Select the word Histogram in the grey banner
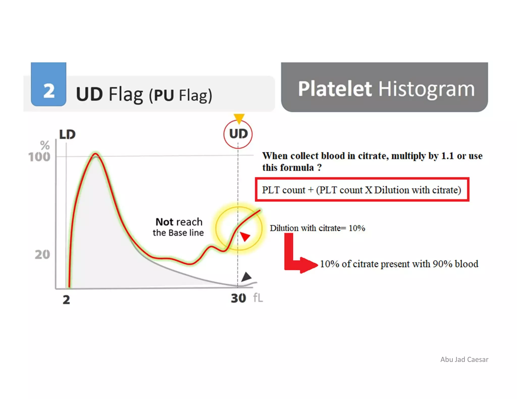pos(426,89)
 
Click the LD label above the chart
pos(67,134)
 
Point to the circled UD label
pos(238,134)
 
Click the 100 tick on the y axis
pos(39,157)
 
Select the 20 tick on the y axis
pos(42,254)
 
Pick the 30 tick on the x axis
pos(238,298)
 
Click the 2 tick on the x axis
pos(66,300)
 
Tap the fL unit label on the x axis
pos(258,298)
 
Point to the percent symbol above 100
pos(45,145)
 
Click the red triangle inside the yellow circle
pos(245,237)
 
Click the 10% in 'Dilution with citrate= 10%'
pos(357,228)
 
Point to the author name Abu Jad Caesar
pos(464,359)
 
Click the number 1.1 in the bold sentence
pos(447,156)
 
